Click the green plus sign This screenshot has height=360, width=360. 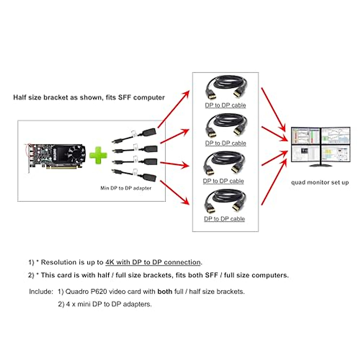(98, 155)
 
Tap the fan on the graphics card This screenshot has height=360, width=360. (76, 154)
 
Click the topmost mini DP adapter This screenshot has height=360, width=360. (134, 136)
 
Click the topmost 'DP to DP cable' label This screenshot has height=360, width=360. (225, 105)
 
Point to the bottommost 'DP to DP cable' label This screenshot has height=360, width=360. (224, 219)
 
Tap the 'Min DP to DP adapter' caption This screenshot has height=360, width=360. (126, 188)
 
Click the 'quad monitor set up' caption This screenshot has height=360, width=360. (320, 182)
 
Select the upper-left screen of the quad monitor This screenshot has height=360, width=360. (306, 136)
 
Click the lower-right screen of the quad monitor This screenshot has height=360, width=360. (335, 153)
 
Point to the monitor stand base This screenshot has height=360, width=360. (320, 165)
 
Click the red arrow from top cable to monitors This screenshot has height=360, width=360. (273, 110)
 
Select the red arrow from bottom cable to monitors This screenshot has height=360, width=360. (274, 182)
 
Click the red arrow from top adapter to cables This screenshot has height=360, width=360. (174, 109)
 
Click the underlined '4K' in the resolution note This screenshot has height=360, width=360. (110, 262)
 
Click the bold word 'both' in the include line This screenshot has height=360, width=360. (165, 291)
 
